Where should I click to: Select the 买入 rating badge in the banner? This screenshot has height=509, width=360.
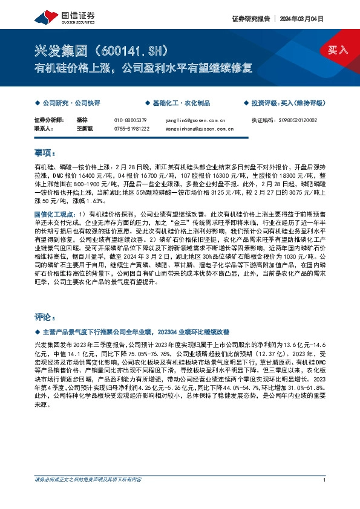tap(338, 50)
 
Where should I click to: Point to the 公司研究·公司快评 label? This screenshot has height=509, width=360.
tap(70, 103)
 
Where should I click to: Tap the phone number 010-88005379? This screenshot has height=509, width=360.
tap(131, 120)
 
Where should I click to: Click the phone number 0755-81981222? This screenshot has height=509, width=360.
tap(132, 128)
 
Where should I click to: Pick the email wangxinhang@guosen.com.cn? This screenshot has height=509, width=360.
tap(198, 128)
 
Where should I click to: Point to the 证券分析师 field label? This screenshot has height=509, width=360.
tap(49, 120)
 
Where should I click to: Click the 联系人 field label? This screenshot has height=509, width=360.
tap(44, 128)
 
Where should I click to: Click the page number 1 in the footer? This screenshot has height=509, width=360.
tap(325, 479)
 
